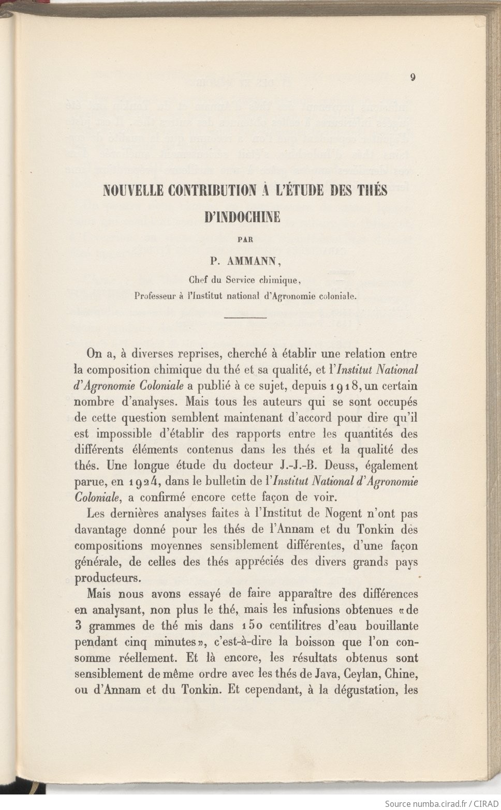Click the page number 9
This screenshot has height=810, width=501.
pyautogui.click(x=413, y=78)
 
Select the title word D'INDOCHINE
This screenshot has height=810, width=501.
pyautogui.click(x=243, y=217)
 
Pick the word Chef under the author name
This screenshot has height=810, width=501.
pyautogui.click(x=198, y=280)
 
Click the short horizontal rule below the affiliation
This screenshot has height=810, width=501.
pyautogui.click(x=246, y=317)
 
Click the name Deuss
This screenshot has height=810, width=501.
pyautogui.click(x=338, y=466)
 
